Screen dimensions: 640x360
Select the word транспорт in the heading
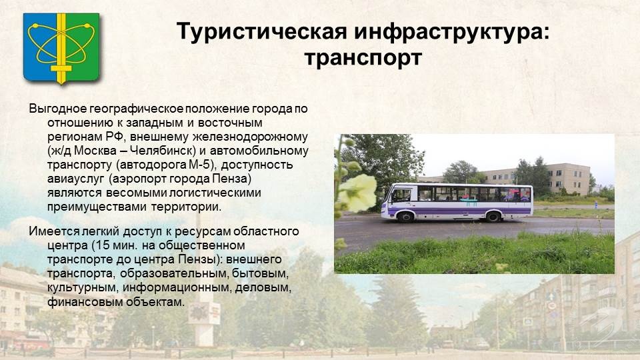click(363, 58)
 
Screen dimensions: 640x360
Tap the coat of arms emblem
click(61, 49)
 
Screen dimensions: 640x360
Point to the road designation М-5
click(200, 165)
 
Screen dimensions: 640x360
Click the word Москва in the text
click(95, 151)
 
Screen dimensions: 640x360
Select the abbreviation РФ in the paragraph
click(115, 137)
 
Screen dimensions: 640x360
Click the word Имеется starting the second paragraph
click(54, 231)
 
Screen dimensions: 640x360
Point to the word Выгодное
click(58, 109)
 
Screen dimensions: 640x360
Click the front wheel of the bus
click(405, 217)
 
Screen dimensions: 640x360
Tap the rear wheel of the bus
click(493, 216)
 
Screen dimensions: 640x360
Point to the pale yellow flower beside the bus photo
click(358, 192)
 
